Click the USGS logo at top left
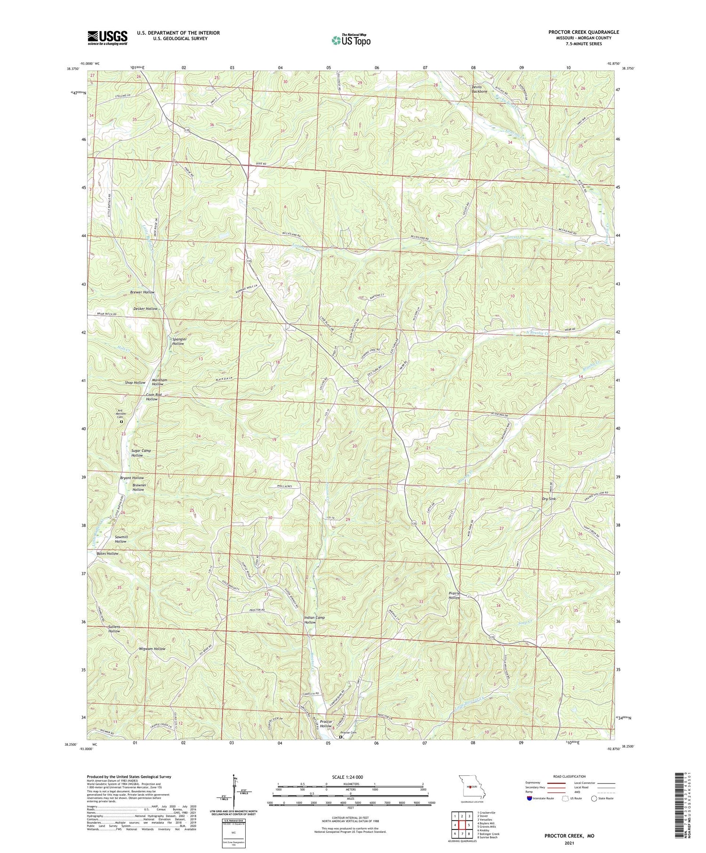click(107, 38)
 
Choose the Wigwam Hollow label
click(152, 649)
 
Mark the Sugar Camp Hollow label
click(141, 453)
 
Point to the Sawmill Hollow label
click(120, 539)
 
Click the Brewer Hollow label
click(142, 292)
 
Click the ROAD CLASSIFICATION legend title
click(570, 776)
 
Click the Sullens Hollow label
click(114, 629)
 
